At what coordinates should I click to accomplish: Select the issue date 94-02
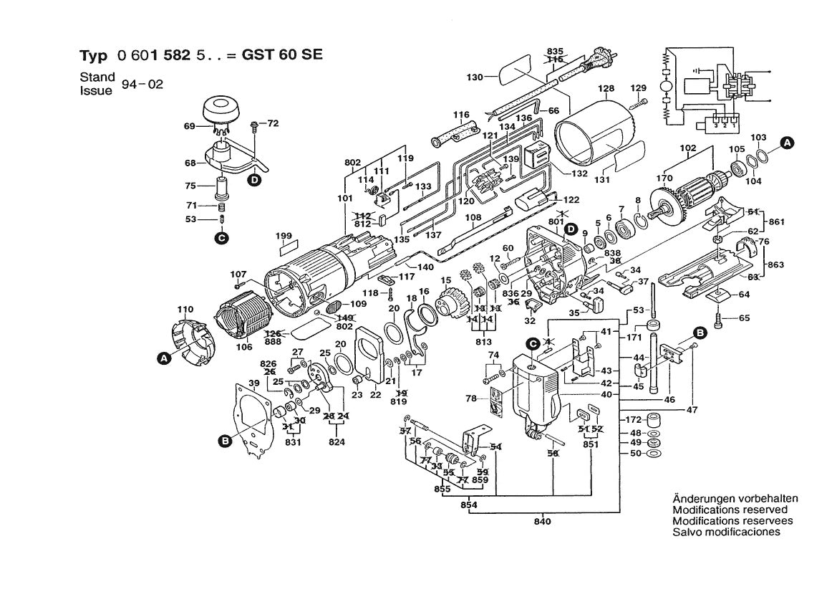pyautogui.click(x=142, y=85)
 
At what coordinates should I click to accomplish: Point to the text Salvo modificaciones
pyautogui.click(x=726, y=532)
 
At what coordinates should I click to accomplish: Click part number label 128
pyautogui.click(x=606, y=88)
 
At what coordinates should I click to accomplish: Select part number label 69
pyautogui.click(x=189, y=127)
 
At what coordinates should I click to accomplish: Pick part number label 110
pyautogui.click(x=185, y=310)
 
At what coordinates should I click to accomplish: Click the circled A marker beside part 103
pyautogui.click(x=786, y=143)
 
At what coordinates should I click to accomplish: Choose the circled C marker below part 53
pyautogui.click(x=221, y=237)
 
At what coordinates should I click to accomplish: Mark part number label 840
pyautogui.click(x=542, y=521)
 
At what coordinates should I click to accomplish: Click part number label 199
pyautogui.click(x=284, y=235)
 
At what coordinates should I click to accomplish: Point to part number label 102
pyautogui.click(x=687, y=148)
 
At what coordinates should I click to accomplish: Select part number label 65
pyautogui.click(x=745, y=318)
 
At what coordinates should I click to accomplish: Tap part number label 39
pyautogui.click(x=253, y=383)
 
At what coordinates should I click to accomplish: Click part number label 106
pyautogui.click(x=244, y=348)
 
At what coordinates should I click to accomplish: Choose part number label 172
pyautogui.click(x=633, y=419)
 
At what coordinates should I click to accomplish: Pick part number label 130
pyautogui.click(x=475, y=75)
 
